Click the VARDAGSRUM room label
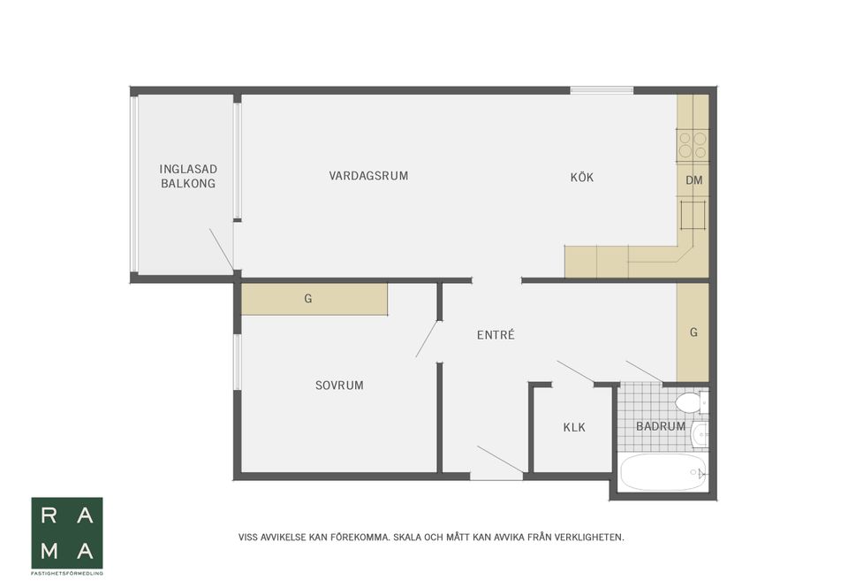click(368, 176)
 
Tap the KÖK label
click(582, 178)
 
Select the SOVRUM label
click(339, 386)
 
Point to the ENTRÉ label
click(496, 335)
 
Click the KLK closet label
click(574, 428)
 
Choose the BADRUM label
click(661, 426)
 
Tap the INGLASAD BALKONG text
click(187, 176)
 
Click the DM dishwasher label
click(693, 181)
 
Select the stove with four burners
click(693, 145)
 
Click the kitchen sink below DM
click(693, 215)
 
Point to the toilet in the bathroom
click(690, 403)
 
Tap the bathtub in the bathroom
click(662, 471)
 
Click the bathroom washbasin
click(700, 433)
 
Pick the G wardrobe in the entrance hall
click(693, 332)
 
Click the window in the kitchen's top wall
click(602, 90)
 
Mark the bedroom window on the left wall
click(237, 362)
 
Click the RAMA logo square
click(67, 532)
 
